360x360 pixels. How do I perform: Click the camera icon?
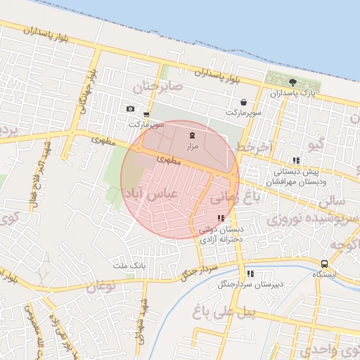[130, 108]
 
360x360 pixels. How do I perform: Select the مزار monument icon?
[192, 134]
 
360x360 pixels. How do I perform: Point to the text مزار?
[192, 146]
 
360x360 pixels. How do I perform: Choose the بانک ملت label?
[128, 266]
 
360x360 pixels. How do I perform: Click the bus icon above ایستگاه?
[323, 264]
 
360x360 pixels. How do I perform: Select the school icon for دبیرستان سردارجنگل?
[250, 274]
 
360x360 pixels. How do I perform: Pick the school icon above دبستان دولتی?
[221, 219]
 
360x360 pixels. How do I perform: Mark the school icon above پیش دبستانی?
[295, 161]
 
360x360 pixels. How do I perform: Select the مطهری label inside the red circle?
[169, 160]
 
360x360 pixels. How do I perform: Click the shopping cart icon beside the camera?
[146, 114]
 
